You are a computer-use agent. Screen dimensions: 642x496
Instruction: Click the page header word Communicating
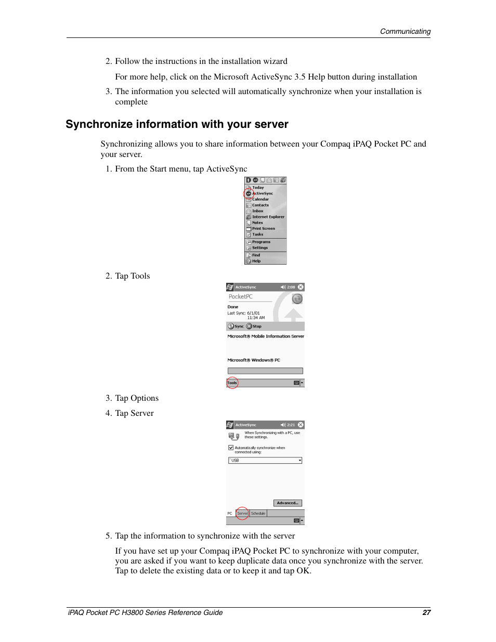coord(405,31)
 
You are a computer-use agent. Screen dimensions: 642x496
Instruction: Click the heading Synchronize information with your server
coord(177,124)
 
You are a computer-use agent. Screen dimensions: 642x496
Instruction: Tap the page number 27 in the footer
coord(426,612)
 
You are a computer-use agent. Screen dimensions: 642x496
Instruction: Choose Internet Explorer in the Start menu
coord(268,217)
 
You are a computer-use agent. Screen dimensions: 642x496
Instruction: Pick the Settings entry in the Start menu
coord(259,248)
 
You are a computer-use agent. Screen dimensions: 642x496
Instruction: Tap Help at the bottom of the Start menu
coord(256,261)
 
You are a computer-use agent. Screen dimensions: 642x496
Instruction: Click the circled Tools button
coord(232,383)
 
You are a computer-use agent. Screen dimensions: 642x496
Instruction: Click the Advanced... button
coord(288,503)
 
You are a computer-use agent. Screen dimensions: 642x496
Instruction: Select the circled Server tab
coord(242,514)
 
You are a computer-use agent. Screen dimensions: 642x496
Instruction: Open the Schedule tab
coord(258,514)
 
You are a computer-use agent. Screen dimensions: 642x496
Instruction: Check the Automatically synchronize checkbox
coord(231,448)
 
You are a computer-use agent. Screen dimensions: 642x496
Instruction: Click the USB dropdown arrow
coord(299,461)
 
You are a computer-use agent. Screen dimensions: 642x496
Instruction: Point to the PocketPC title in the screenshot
coord(241,297)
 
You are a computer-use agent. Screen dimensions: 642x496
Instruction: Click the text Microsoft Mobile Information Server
coord(265,336)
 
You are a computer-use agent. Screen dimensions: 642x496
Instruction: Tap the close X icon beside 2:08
coord(301,287)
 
